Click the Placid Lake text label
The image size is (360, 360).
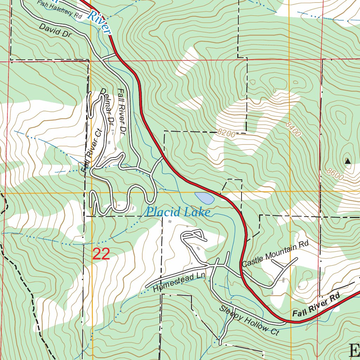(178, 212)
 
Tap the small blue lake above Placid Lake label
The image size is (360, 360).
(205, 198)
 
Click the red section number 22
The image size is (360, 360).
(101, 254)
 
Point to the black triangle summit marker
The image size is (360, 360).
(348, 161)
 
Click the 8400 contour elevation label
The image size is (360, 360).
(294, 129)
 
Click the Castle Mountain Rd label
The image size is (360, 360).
(275, 254)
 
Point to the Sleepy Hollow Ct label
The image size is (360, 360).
(249, 321)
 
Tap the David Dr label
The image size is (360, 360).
(55, 31)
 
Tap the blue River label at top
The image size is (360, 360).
(99, 21)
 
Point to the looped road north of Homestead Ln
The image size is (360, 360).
(193, 236)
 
